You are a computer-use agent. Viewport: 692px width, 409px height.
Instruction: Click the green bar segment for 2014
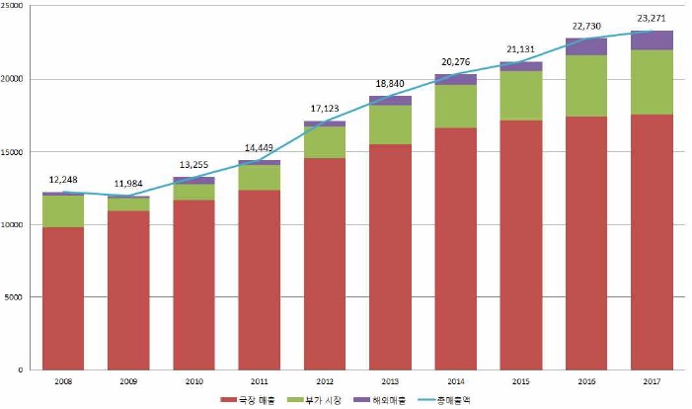pyautogui.click(x=456, y=106)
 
